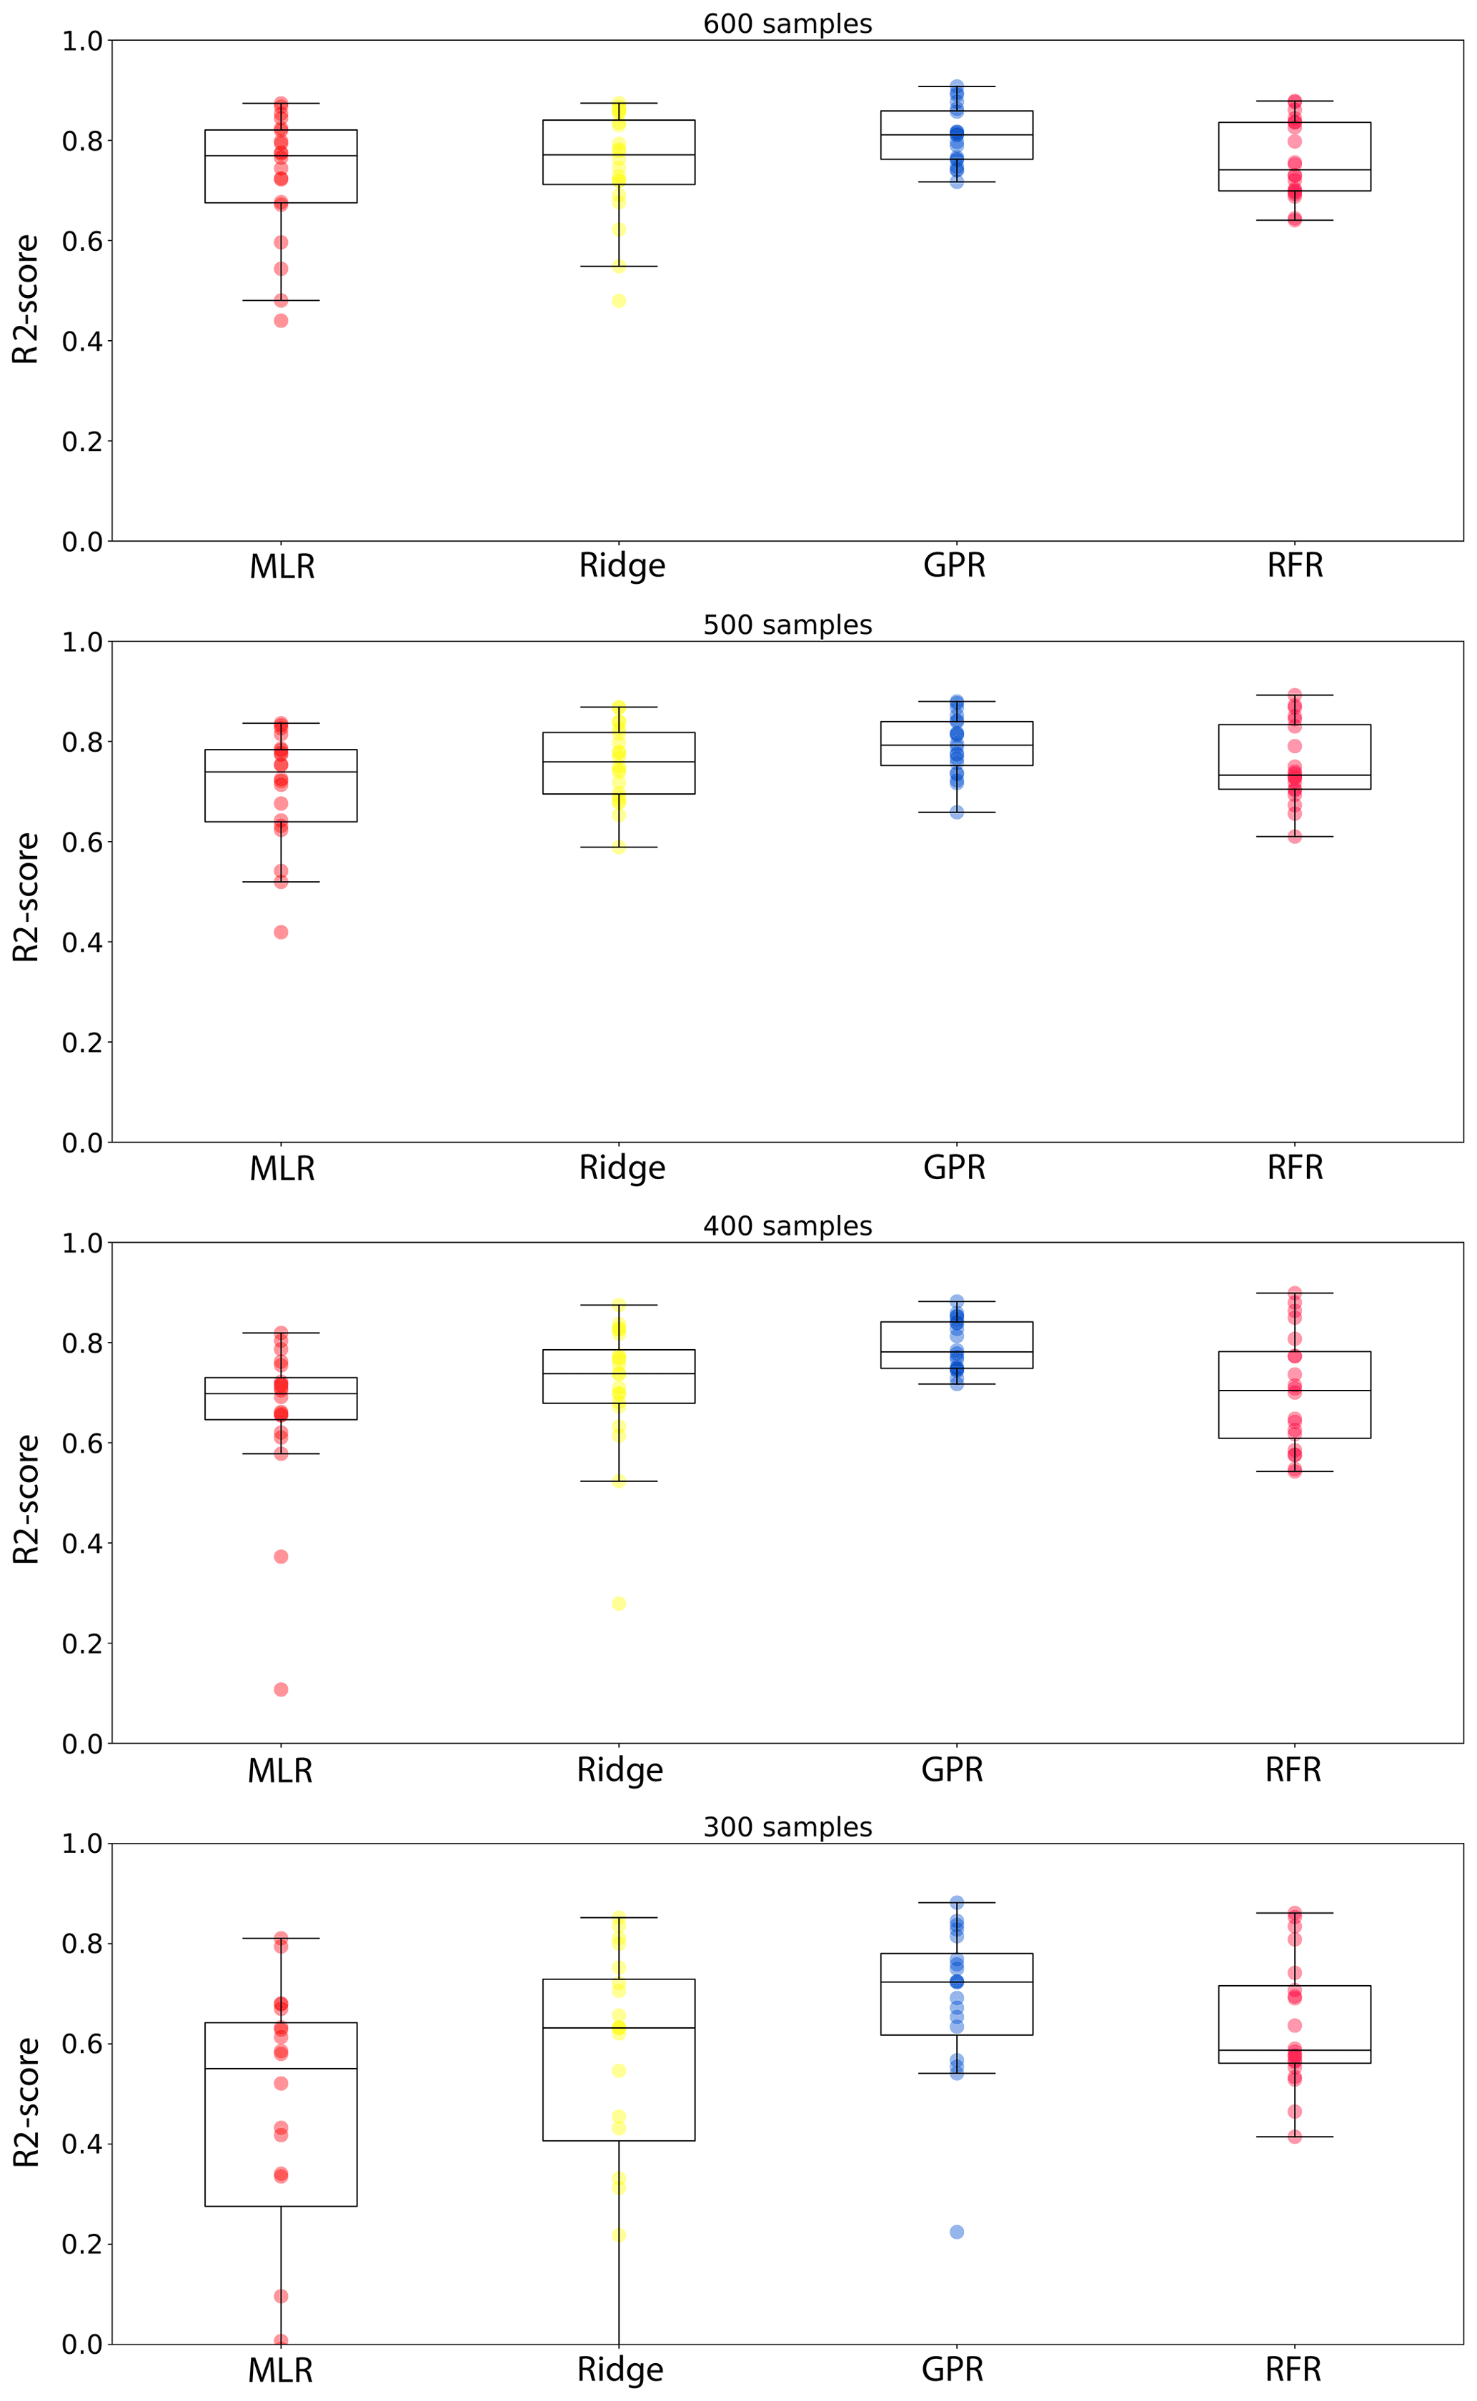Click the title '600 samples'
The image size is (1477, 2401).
point(787,24)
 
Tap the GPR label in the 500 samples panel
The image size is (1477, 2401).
point(955,1168)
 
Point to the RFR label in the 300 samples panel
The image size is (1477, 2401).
point(1293,2369)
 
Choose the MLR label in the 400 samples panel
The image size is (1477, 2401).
point(280,1769)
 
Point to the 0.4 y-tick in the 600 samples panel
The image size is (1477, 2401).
point(82,341)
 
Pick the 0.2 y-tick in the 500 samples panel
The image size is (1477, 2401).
point(82,1043)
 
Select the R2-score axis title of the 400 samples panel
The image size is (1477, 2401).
point(26,1498)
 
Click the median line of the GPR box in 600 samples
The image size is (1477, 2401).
point(956,135)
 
